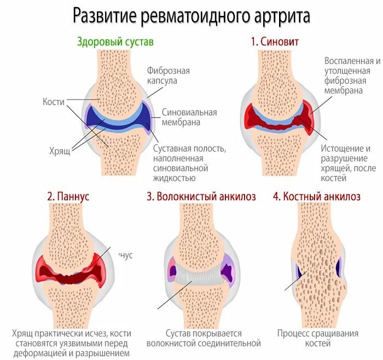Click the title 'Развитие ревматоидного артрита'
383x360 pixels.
click(x=191, y=16)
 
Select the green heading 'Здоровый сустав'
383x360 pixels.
click(x=115, y=42)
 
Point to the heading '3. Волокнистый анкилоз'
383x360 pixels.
click(x=201, y=196)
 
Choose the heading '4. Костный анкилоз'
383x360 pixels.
click(x=317, y=196)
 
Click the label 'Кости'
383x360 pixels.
click(x=54, y=102)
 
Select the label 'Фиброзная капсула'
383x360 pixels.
click(x=168, y=76)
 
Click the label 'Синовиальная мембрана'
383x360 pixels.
click(x=189, y=117)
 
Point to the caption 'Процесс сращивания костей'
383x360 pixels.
click(x=317, y=338)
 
